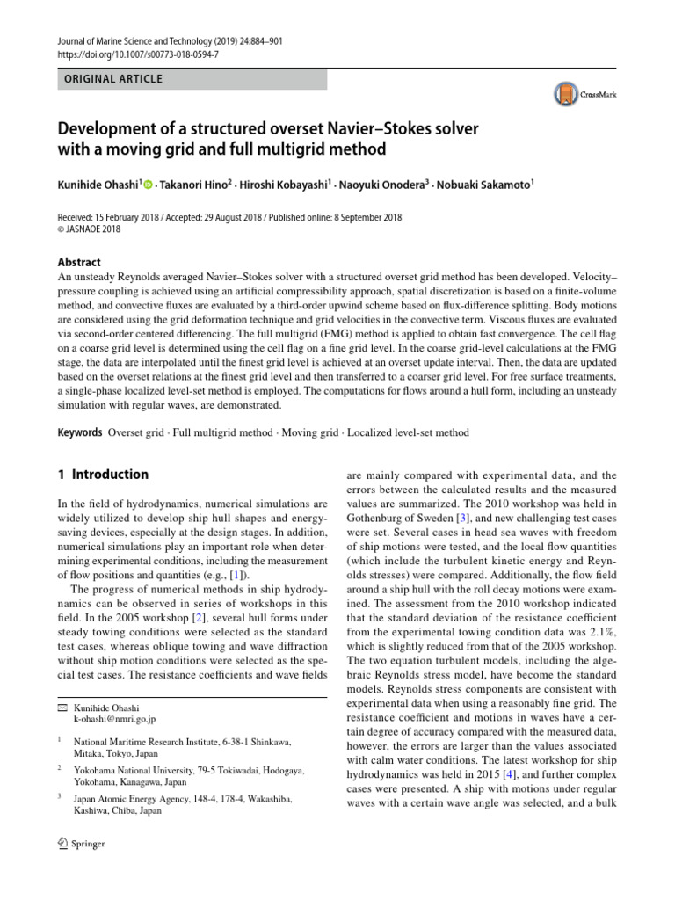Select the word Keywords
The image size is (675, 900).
tap(79, 432)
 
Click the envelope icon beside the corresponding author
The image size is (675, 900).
tap(61, 708)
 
